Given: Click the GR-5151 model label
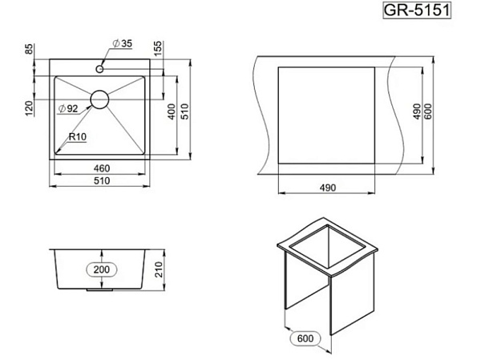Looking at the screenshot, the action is (417, 10).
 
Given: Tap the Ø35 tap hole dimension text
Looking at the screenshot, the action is (122, 43).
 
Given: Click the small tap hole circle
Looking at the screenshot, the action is (99, 69).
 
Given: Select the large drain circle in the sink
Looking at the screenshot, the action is (99, 99).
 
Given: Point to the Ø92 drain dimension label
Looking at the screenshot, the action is (68, 108).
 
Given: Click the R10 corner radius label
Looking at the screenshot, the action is (78, 136).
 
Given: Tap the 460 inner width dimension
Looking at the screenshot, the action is (102, 168).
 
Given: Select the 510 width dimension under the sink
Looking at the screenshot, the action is (102, 180).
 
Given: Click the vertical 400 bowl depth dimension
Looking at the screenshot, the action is (172, 111).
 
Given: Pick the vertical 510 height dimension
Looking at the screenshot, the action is (184, 111).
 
